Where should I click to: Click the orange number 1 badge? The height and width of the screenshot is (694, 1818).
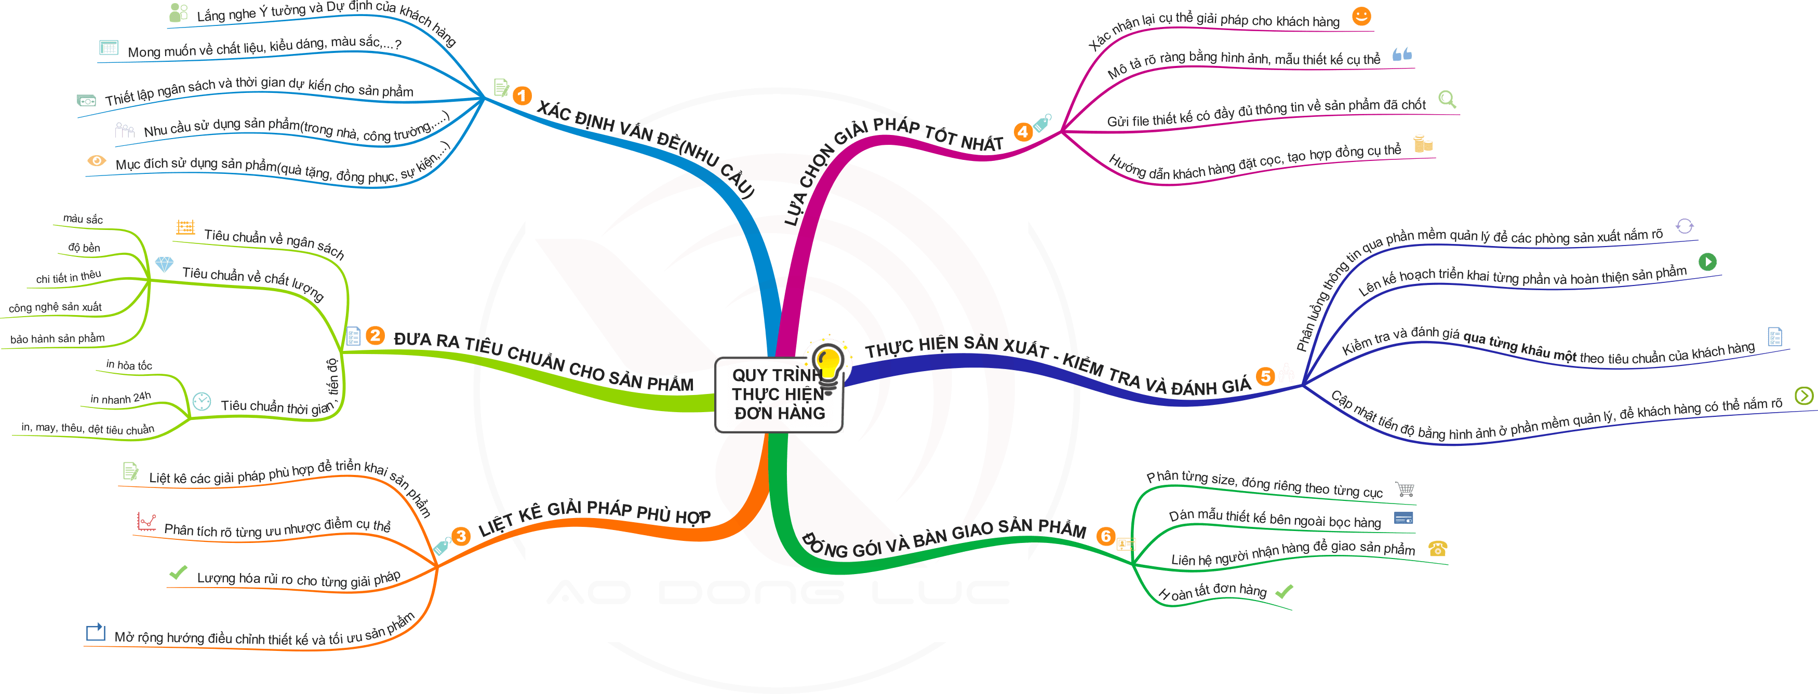(x=522, y=95)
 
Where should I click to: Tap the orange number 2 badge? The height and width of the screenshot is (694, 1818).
(x=376, y=336)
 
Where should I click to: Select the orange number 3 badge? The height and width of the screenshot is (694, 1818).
(x=461, y=536)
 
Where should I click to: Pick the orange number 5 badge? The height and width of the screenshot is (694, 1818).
(x=1265, y=376)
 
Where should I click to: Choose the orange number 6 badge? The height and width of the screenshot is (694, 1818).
(x=1105, y=537)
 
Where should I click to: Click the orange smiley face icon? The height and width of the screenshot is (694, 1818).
(x=1361, y=16)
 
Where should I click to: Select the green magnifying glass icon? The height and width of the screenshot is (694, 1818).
(x=1447, y=99)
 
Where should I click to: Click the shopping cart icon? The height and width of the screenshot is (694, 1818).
(x=1405, y=489)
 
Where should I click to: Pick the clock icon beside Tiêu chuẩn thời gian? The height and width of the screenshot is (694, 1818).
(x=202, y=401)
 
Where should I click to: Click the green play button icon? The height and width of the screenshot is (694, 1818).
(x=1707, y=262)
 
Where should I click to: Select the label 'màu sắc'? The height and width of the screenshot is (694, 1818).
(x=83, y=220)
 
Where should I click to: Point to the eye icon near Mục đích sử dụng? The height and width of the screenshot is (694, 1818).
(x=96, y=161)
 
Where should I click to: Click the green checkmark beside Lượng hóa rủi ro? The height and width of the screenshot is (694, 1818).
(x=178, y=573)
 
